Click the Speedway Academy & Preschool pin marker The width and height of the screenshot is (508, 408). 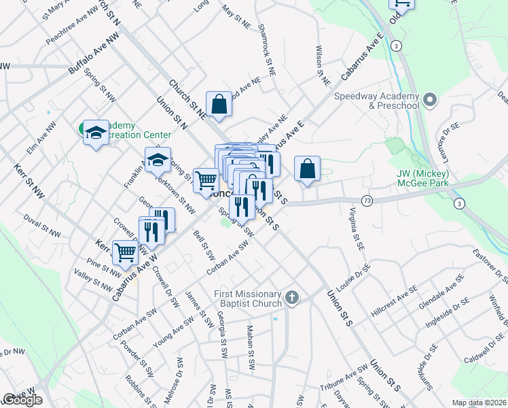click(429, 101)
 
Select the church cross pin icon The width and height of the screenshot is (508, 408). click(292, 297)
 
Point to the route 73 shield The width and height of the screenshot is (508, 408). click(367, 201)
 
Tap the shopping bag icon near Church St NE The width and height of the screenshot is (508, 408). click(219, 105)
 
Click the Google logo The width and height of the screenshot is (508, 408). click(22, 400)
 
